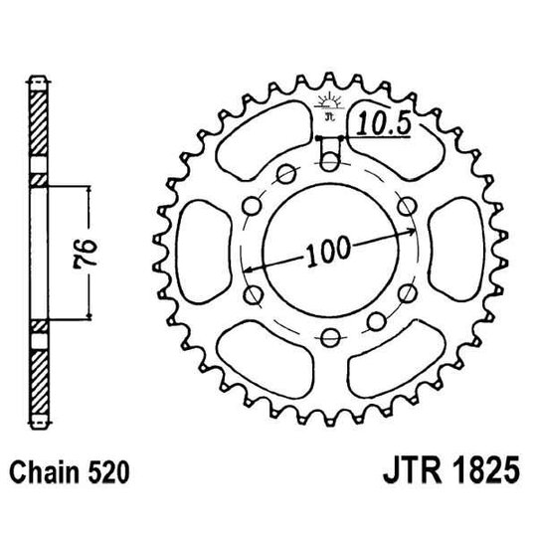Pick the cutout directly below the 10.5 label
tap(393, 154)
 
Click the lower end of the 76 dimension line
tap(90, 318)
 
